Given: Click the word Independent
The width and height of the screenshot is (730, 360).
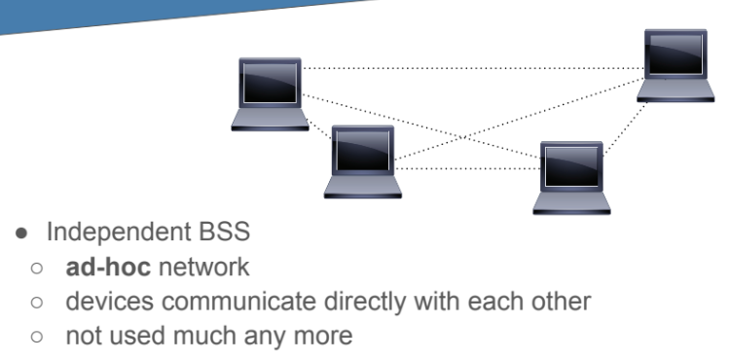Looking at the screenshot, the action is pos(119,232).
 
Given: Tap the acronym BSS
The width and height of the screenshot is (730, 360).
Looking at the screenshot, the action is pos(225,232).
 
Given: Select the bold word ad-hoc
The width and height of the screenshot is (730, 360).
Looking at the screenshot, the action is pos(108,267).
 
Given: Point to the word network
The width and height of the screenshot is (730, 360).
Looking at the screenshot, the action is pos(204,267).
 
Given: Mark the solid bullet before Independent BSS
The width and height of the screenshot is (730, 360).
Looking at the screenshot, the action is pos(21,233).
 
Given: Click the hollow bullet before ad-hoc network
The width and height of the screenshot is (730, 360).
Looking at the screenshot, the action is pos(36,268).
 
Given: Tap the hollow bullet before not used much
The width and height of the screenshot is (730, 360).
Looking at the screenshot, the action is pos(36,337).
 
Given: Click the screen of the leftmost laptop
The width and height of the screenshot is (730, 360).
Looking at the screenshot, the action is pos(270,83).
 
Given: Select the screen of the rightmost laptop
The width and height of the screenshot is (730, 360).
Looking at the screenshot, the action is pos(676,54).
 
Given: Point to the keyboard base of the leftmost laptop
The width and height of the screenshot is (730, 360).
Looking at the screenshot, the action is pos(270,120).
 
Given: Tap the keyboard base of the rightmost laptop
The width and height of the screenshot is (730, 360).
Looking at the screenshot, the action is pos(676,90).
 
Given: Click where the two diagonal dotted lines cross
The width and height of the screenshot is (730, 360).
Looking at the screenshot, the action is pos(462,137).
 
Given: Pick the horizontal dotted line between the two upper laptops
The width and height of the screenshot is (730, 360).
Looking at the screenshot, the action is pos(473,68).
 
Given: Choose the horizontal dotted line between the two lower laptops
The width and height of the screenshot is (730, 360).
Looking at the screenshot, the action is pos(467,168).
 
